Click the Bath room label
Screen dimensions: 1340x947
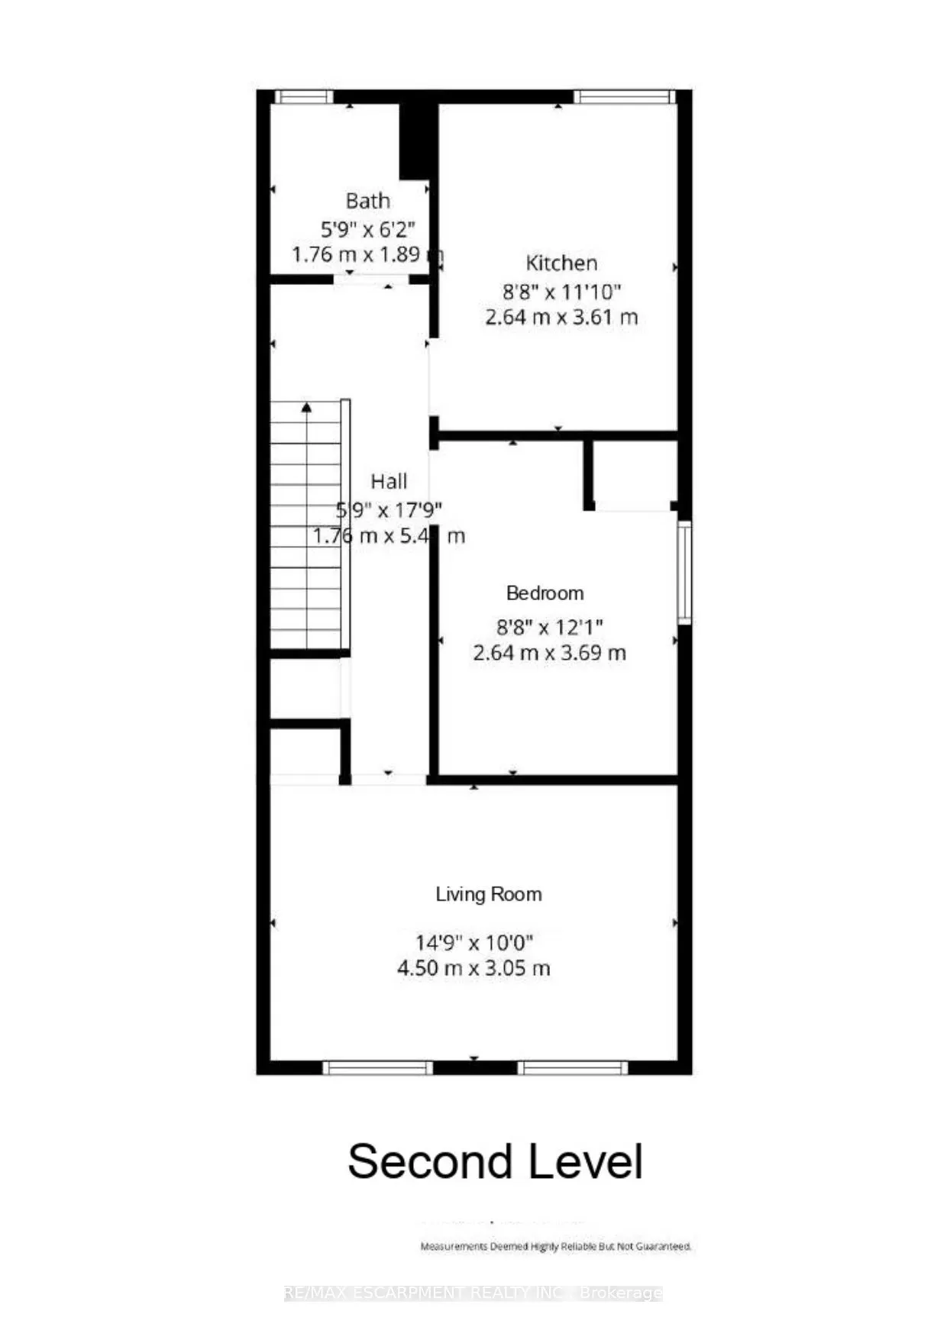click(367, 201)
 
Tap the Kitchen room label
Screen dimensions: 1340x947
click(561, 263)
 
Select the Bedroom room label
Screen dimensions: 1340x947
click(545, 593)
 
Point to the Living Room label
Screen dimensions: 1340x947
click(489, 894)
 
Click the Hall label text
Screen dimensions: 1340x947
click(389, 482)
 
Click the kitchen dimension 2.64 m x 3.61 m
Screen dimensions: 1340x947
click(561, 317)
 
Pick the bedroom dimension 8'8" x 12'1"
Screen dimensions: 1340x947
click(550, 627)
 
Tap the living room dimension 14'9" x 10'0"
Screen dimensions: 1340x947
click(473, 943)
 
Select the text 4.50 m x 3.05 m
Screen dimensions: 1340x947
click(473, 968)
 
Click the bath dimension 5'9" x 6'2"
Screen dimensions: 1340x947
click(368, 228)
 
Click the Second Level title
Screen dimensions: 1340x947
click(495, 1161)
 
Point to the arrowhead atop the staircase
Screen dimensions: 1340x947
click(306, 408)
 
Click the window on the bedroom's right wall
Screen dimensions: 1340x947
click(685, 572)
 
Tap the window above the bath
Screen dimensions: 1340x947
click(303, 97)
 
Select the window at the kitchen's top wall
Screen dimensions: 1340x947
click(624, 97)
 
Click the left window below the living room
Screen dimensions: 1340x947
click(377, 1067)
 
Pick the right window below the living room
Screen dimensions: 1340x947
click(573, 1067)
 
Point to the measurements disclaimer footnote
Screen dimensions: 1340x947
click(556, 1246)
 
